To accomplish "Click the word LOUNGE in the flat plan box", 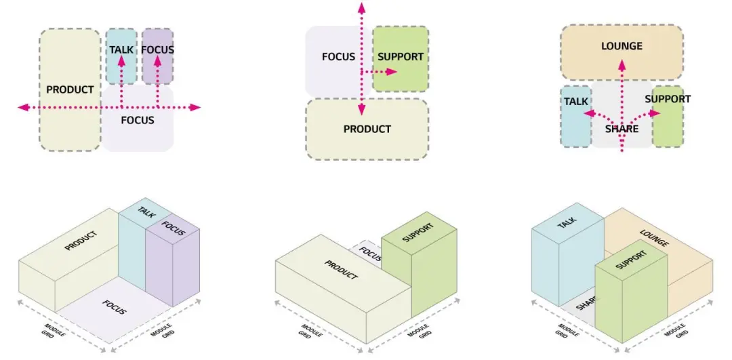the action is [622, 45].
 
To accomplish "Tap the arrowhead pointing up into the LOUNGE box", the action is [622, 64].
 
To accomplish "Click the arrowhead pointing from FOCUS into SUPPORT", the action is [391, 72].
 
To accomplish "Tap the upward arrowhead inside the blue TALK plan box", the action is [121, 61].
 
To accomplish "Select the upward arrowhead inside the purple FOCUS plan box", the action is [158, 61].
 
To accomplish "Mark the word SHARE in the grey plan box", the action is [622, 128].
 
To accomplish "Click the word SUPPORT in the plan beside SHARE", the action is [668, 99].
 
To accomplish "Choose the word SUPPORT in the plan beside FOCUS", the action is [401, 57].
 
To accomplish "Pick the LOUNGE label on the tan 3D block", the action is [654, 238].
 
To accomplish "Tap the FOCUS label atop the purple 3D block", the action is [174, 228].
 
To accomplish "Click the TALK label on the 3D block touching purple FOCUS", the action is [146, 212].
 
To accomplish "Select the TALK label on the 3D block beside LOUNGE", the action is [567, 223].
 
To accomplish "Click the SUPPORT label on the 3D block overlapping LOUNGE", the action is [631, 260].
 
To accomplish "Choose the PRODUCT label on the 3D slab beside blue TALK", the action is [81, 241].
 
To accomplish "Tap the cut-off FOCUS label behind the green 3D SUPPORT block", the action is [371, 255].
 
